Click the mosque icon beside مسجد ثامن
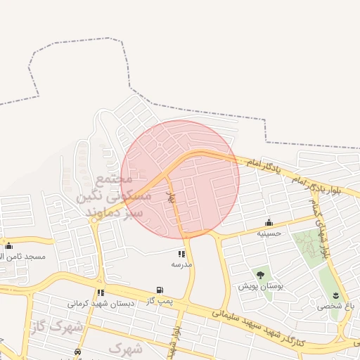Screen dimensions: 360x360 pyautogui.click(x=8, y=245)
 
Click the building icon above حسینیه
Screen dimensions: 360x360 pyautogui.click(x=269, y=222)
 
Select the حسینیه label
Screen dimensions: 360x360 pyautogui.click(x=269, y=233)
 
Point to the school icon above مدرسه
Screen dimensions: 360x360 pyautogui.click(x=181, y=254)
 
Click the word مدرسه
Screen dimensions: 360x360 pyautogui.click(x=181, y=264)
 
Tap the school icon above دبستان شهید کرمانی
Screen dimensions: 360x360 pyautogui.click(x=101, y=292)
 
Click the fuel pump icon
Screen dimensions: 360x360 pyautogui.click(x=160, y=290)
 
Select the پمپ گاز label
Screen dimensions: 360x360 pyautogui.click(x=160, y=301)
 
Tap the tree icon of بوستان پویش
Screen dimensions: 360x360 pyautogui.click(x=260, y=275)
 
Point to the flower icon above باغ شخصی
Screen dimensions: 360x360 pyautogui.click(x=335, y=295)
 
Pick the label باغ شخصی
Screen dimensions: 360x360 pyautogui.click(x=335, y=306)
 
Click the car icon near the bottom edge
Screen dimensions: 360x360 pyautogui.click(x=78, y=352)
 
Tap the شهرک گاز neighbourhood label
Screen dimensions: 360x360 pyautogui.click(x=56, y=326)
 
